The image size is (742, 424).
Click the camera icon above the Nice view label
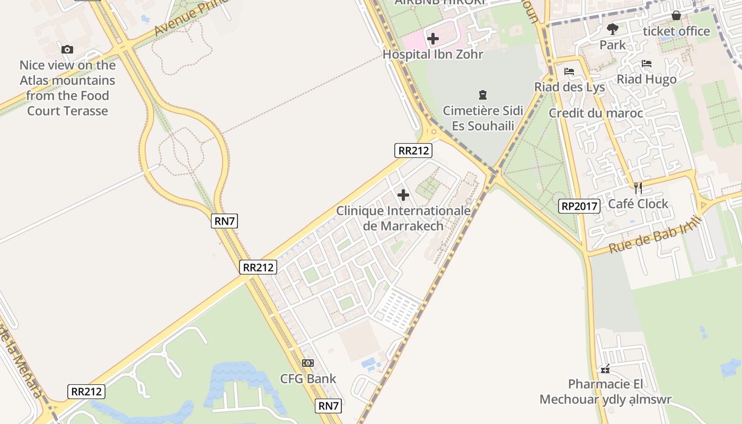coord(67,49)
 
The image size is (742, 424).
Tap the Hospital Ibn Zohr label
coord(433,54)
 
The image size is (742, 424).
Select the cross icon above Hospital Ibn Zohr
coord(433,39)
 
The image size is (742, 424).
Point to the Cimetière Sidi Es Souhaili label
coord(483,118)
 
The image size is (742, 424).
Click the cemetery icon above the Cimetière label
coord(483,95)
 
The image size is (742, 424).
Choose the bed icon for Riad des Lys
coord(569,72)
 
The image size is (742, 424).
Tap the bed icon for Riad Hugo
coord(647,64)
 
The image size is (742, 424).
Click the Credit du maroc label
coord(596,113)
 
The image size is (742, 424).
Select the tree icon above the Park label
coord(613,29)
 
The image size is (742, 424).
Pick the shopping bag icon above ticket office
coord(676,15)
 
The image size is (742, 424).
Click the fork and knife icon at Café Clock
coord(638,188)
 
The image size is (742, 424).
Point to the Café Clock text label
coord(638,204)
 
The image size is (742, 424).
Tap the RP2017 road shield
coord(579,206)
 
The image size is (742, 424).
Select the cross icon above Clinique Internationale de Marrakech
coord(403,195)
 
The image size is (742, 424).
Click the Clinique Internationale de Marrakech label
coord(403,218)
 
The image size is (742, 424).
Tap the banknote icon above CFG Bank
coord(308,363)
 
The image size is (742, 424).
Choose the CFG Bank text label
coord(308,378)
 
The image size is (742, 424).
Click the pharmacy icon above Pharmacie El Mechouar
coord(605,369)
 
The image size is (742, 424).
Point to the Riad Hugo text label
coord(647,79)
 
